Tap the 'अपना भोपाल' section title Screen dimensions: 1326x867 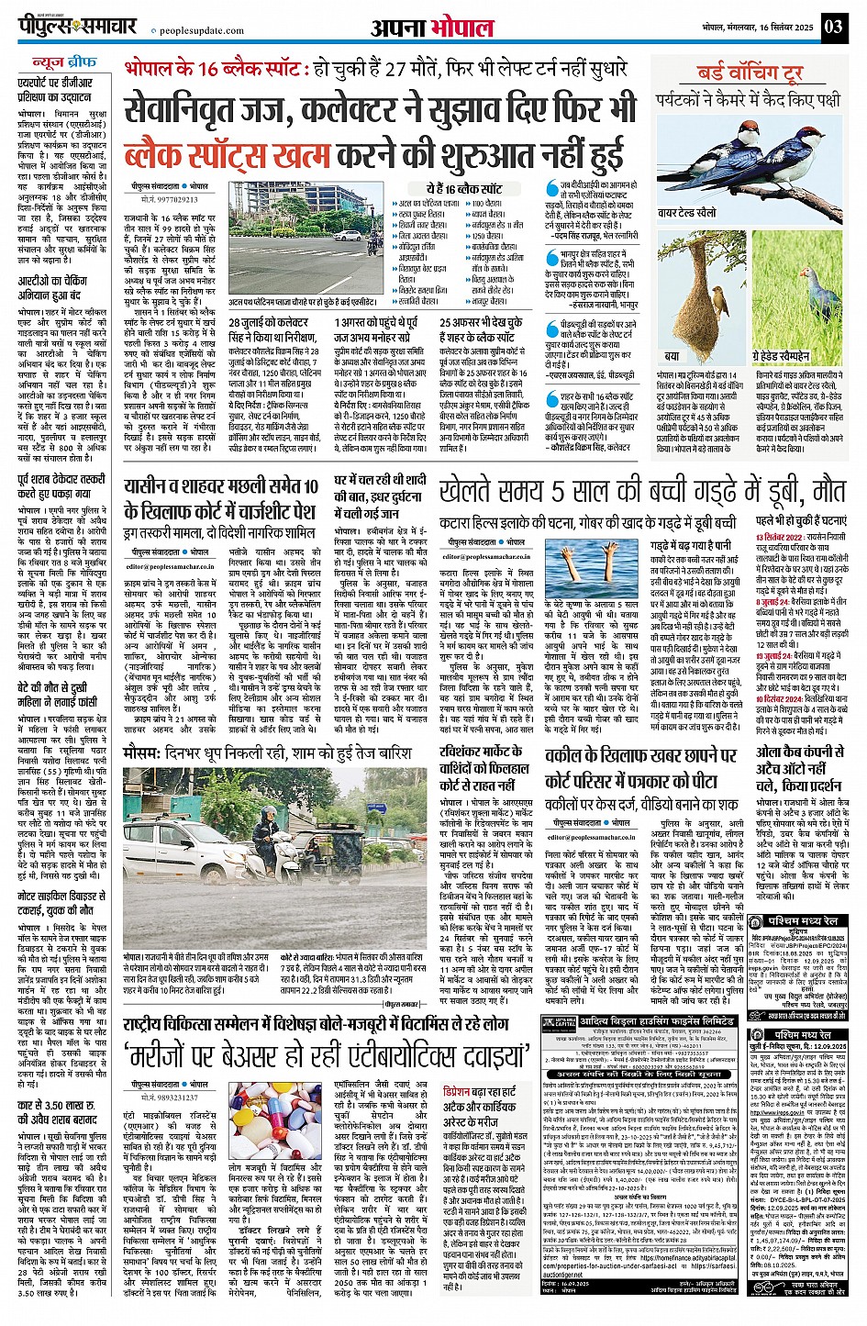point(432,28)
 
